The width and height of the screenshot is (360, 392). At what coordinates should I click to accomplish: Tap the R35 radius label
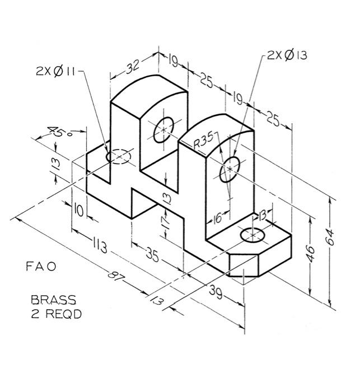pos(203,143)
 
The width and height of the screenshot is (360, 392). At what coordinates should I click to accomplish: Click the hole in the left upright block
pos(163,129)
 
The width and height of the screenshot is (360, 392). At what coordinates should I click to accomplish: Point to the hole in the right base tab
pos(251,236)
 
